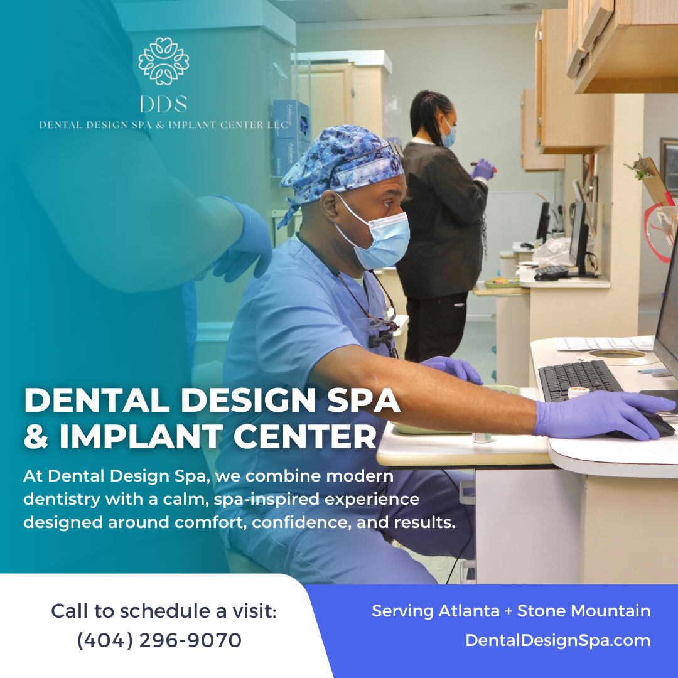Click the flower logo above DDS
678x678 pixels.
pyautogui.click(x=164, y=62)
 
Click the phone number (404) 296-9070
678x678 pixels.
pyautogui.click(x=159, y=640)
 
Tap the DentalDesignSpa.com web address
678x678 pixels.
pyautogui.click(x=557, y=640)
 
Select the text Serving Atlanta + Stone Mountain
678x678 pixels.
pyautogui.click(x=511, y=610)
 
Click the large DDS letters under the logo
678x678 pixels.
pyautogui.click(x=163, y=104)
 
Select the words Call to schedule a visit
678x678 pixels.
pyautogui.click(x=163, y=610)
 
